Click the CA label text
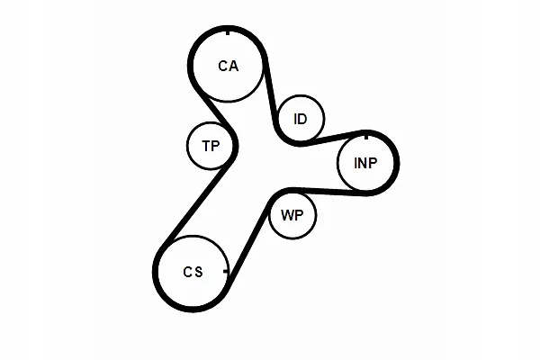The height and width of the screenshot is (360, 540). pyautogui.click(x=229, y=66)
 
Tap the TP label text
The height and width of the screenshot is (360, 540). pyautogui.click(x=211, y=146)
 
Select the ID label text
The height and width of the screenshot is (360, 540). pyautogui.click(x=301, y=119)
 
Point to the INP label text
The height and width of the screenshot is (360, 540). pyautogui.click(x=365, y=163)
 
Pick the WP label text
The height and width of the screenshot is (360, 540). pyautogui.click(x=292, y=215)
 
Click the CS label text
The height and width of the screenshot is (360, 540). pyautogui.click(x=193, y=272)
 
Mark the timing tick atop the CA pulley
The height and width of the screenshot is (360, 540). pyautogui.click(x=228, y=32)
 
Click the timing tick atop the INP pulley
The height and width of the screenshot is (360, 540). pyautogui.click(x=366, y=137)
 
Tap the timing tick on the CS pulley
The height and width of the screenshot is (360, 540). pyautogui.click(x=225, y=272)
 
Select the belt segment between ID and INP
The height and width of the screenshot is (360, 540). pyautogui.click(x=333, y=138)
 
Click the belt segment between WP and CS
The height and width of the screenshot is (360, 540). pyautogui.click(x=249, y=238)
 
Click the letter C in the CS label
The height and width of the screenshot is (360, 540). pyautogui.click(x=187, y=272)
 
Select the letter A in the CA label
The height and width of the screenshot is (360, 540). pyautogui.click(x=233, y=66)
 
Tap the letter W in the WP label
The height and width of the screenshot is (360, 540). pyautogui.click(x=288, y=215)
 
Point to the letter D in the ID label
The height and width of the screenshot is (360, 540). pyautogui.click(x=302, y=119)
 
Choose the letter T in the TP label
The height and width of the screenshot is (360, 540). pyautogui.click(x=206, y=146)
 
